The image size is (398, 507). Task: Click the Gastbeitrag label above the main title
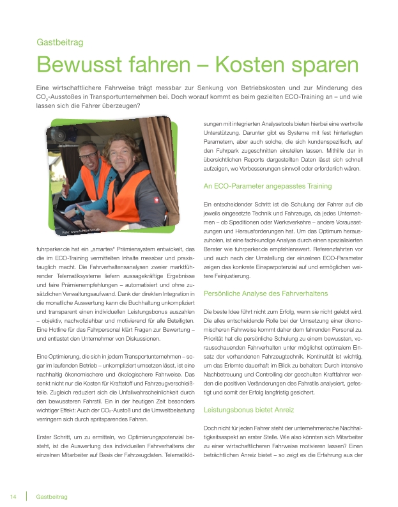pyautogui.click(x=61, y=43)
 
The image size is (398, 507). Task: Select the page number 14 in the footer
pyautogui.click(x=13, y=497)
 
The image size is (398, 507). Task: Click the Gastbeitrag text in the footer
pyautogui.click(x=52, y=497)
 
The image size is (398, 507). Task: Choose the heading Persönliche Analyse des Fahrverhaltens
pyautogui.click(x=265, y=293)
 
